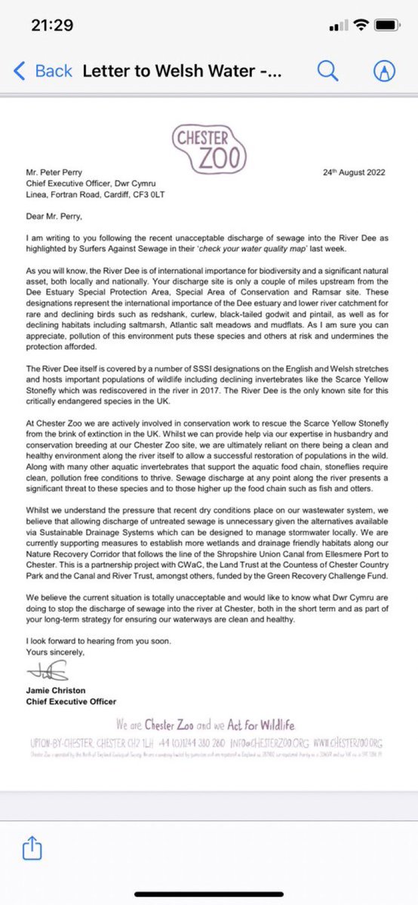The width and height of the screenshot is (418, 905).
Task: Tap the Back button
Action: (43, 71)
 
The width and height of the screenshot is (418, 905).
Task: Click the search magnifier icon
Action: (327, 71)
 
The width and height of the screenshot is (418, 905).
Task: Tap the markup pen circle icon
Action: (385, 71)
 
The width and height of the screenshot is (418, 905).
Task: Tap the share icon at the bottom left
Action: (32, 848)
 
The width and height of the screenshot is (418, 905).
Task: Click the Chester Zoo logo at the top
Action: (209, 149)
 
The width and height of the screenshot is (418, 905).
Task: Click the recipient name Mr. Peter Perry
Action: (57, 173)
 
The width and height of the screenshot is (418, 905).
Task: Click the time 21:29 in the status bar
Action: (52, 25)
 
